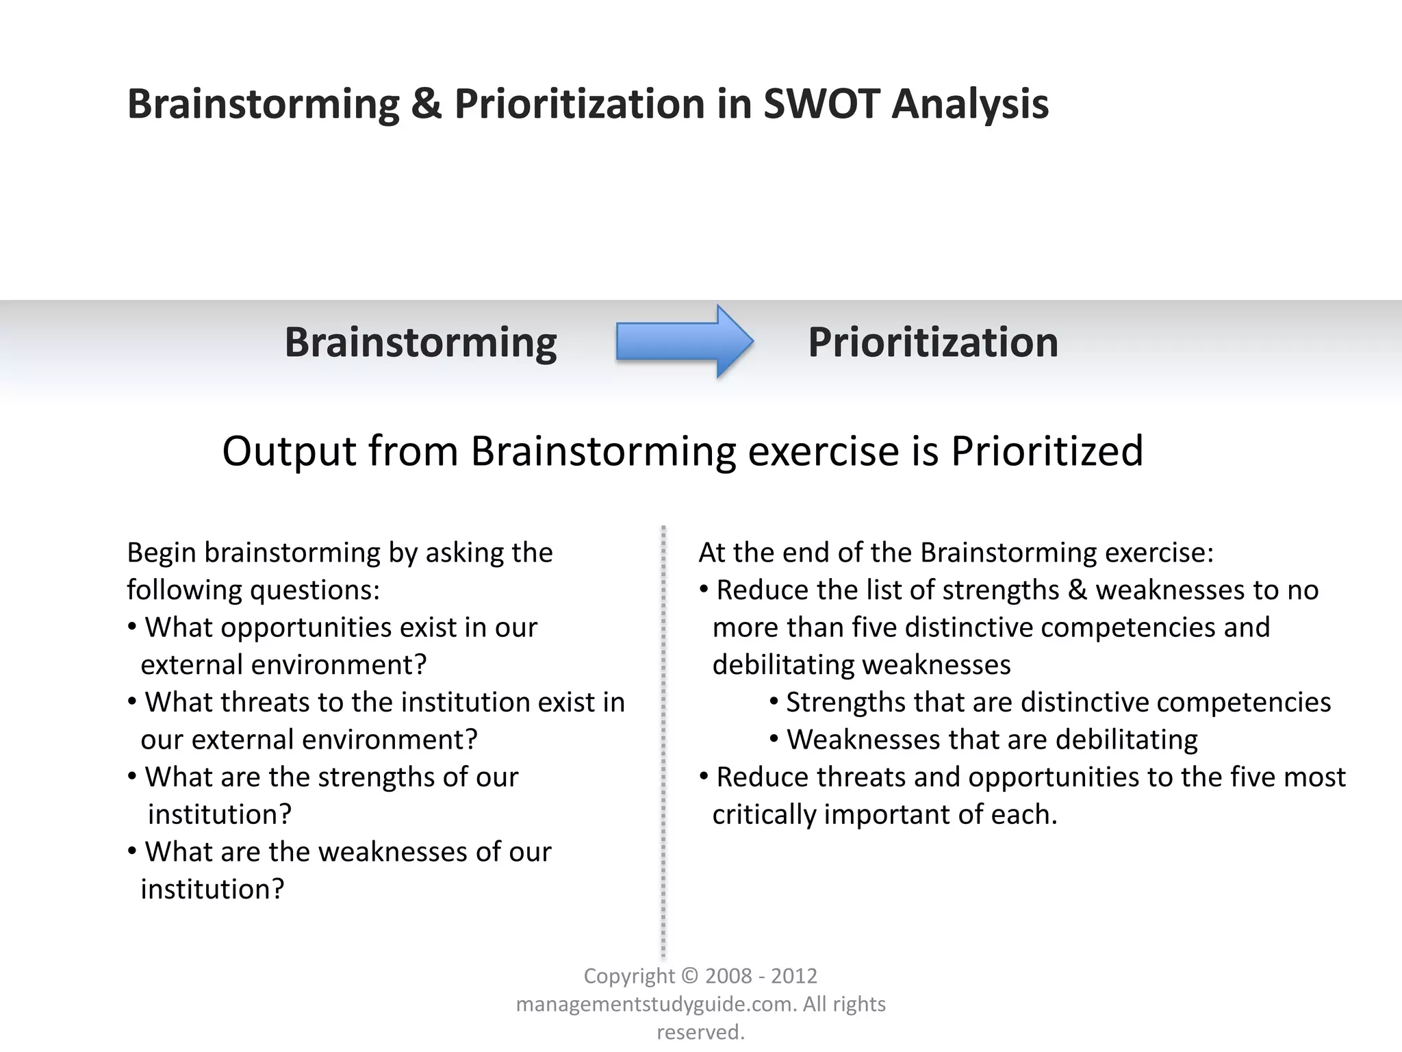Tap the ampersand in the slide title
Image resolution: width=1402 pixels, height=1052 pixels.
tap(426, 104)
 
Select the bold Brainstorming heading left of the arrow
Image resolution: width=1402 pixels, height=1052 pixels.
tap(420, 342)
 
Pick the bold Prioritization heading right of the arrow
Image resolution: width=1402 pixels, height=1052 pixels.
tap(932, 342)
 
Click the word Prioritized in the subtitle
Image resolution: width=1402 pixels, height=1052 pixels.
tap(1047, 451)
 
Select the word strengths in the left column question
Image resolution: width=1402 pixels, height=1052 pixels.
tap(368, 777)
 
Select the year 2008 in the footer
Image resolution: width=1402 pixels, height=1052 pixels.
tap(728, 976)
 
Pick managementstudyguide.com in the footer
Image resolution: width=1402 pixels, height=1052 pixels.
tap(655, 1004)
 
